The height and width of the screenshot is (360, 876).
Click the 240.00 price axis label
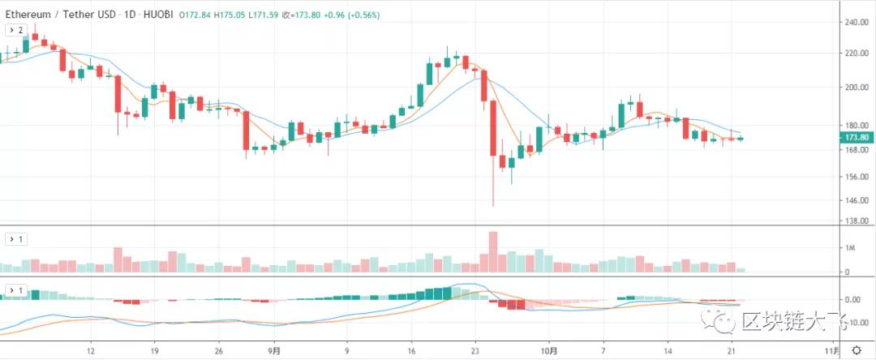click(857, 23)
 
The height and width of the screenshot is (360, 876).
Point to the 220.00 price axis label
click(857, 54)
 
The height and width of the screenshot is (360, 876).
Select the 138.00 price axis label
click(857, 221)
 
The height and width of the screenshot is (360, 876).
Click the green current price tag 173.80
click(857, 138)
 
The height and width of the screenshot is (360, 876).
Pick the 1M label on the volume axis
click(851, 248)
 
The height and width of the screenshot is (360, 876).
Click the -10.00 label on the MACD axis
click(856, 323)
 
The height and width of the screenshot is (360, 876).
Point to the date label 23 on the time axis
click(476, 352)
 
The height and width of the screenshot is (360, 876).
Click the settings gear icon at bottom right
click(857, 351)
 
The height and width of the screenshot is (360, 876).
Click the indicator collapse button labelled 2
click(17, 30)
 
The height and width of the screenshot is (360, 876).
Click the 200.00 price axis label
click(857, 87)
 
